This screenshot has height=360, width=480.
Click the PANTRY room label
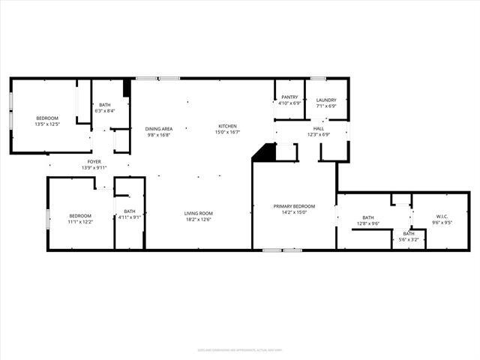coord(289,97)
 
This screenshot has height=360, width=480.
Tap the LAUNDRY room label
coord(326,100)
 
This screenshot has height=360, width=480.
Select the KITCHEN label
coord(227,126)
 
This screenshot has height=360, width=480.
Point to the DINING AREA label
coord(158,129)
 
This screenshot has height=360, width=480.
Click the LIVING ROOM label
coord(199,214)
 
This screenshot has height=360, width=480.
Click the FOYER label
coord(94,161)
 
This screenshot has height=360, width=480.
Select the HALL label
coord(318,129)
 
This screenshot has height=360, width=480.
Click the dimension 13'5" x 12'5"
coord(46,124)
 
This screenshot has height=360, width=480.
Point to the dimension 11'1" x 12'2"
coord(80,221)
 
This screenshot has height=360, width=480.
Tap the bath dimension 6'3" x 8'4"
coord(105,111)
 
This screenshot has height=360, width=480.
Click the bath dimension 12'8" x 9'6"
coord(368,223)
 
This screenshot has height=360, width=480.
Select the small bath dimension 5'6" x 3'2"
coord(409,239)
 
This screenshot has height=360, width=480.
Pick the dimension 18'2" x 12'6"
coord(199,220)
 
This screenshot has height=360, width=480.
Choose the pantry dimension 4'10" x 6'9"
coord(289,103)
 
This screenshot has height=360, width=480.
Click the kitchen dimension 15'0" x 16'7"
coord(227,132)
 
